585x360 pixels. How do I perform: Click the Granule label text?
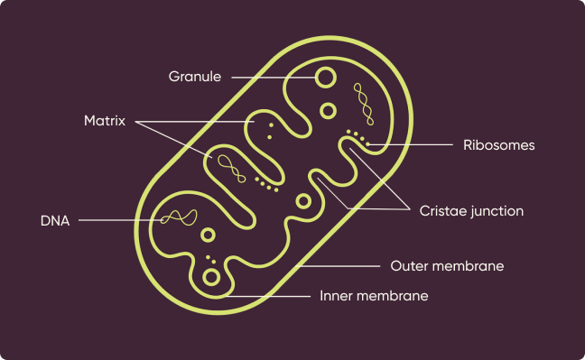click(x=195, y=77)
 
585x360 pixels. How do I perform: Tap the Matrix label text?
click(x=105, y=121)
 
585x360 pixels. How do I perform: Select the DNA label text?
click(x=55, y=221)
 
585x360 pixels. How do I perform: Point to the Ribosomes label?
click(x=499, y=145)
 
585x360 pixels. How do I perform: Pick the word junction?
click(x=496, y=212)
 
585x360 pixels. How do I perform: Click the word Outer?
click(x=408, y=266)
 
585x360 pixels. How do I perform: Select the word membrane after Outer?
click(x=467, y=266)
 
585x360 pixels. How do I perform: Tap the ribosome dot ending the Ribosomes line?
click(x=367, y=144)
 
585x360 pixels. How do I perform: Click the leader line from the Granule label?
click(x=274, y=78)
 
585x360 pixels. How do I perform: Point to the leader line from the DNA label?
click(x=120, y=220)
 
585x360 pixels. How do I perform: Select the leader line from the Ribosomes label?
click(x=411, y=144)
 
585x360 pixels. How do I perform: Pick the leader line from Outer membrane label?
click(x=338, y=266)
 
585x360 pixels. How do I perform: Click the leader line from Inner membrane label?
click(x=268, y=296)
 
